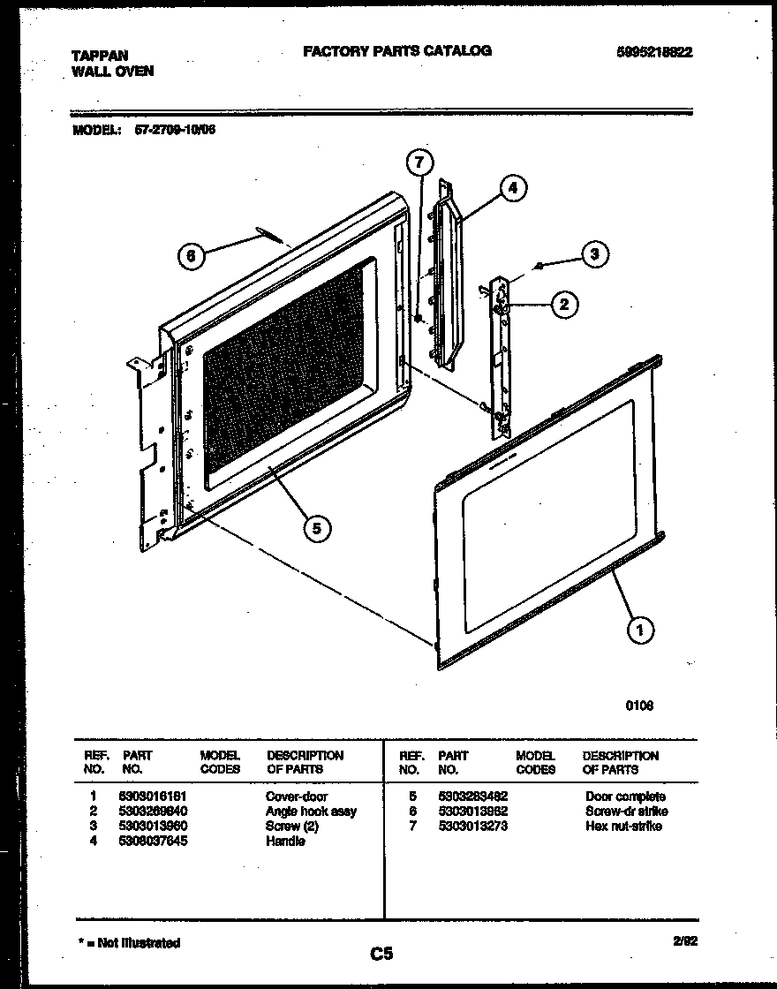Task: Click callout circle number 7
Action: click(420, 162)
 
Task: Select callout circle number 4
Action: click(512, 188)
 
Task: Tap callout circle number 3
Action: click(594, 254)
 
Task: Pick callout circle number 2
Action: click(564, 305)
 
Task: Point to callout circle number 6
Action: click(192, 256)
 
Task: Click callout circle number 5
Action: click(315, 527)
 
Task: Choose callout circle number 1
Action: click(640, 629)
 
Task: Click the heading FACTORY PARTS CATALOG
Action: click(396, 51)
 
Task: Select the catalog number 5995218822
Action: click(653, 52)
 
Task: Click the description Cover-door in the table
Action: click(296, 796)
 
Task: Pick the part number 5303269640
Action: click(154, 812)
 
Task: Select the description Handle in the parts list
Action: click(285, 842)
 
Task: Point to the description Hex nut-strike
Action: click(622, 827)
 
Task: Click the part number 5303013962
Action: click(472, 812)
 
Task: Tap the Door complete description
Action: click(625, 796)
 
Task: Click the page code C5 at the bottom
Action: click(381, 954)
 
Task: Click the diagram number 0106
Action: click(639, 706)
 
